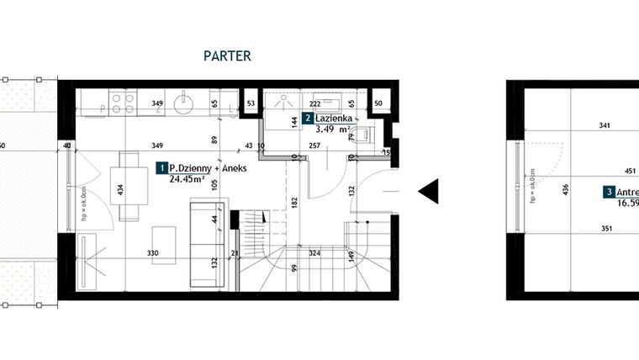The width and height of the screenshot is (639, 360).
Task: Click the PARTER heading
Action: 227,56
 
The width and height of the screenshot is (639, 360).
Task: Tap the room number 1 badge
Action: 161,168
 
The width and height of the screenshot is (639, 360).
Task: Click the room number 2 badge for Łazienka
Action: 309,119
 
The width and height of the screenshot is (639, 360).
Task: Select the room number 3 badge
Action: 608,193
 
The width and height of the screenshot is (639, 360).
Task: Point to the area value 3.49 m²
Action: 331,130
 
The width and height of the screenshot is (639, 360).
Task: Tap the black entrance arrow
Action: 428,192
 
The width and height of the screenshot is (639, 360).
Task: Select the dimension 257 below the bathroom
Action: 314,146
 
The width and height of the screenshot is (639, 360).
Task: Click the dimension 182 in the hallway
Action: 294,203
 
